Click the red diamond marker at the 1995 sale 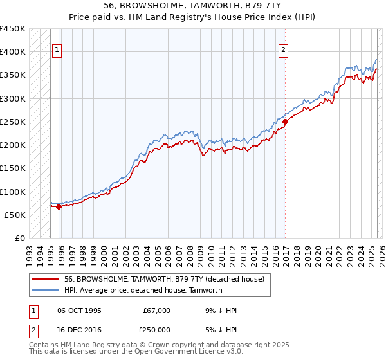[59, 207]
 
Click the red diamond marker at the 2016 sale [284, 122]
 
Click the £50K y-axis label [15, 215]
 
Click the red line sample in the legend [46, 279]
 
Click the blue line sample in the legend [46, 290]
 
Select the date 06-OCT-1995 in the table [79, 310]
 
